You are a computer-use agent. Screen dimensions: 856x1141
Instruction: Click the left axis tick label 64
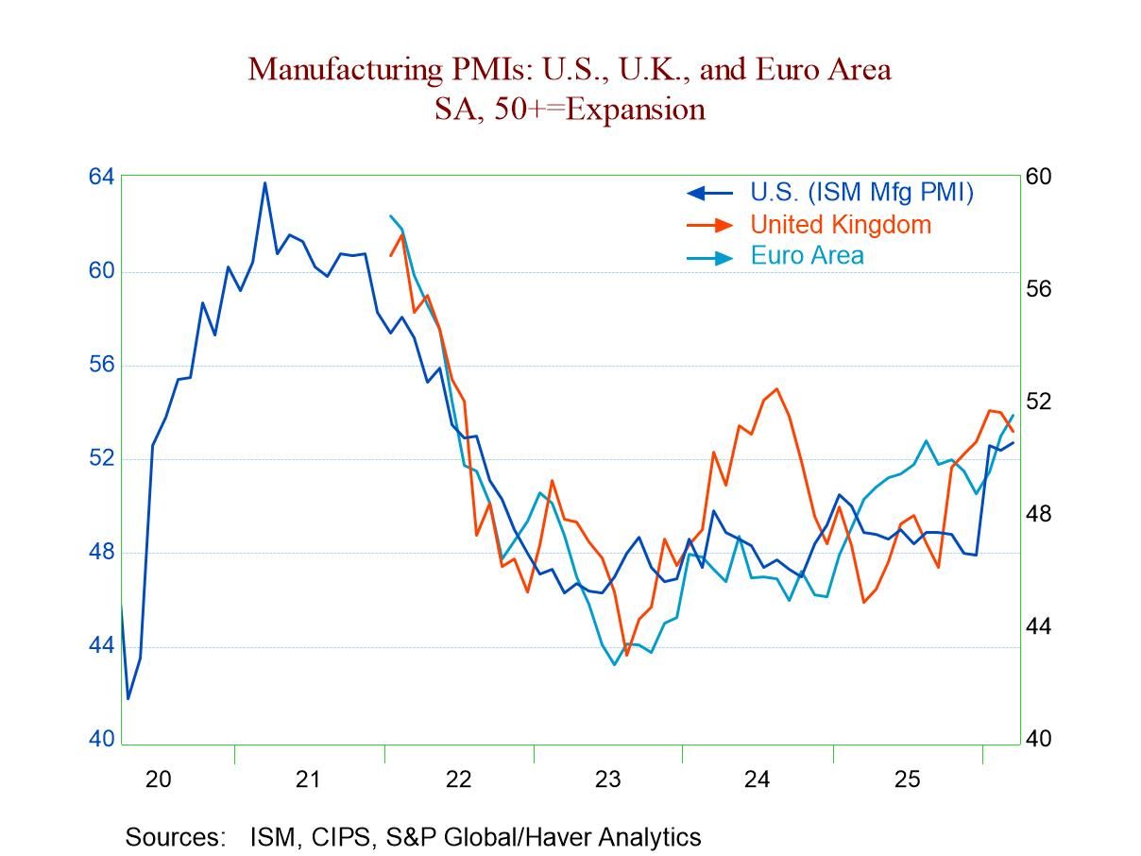(x=101, y=177)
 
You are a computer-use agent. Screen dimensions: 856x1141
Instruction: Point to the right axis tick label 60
(x=1038, y=177)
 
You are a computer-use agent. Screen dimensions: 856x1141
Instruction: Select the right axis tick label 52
(x=1038, y=402)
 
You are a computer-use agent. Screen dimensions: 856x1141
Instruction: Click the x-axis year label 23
(x=607, y=779)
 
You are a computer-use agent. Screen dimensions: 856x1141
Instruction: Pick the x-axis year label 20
(x=158, y=779)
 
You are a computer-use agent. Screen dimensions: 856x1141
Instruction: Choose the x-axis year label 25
(x=907, y=779)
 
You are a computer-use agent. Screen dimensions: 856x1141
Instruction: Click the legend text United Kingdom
(x=841, y=224)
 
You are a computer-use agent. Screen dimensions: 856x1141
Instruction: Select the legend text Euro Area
(x=807, y=255)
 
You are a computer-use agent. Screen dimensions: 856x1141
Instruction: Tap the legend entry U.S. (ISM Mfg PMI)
(x=861, y=192)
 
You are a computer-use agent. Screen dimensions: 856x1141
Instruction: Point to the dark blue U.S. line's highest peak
(x=264, y=182)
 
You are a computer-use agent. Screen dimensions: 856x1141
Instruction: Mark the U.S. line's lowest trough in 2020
(x=128, y=698)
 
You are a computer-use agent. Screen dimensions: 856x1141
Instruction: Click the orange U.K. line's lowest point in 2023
(x=626, y=655)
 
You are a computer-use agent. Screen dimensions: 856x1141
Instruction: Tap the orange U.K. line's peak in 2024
(x=776, y=388)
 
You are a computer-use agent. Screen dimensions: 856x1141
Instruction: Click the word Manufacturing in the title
(x=339, y=69)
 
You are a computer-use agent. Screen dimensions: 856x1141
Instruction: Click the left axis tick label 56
(x=101, y=365)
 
